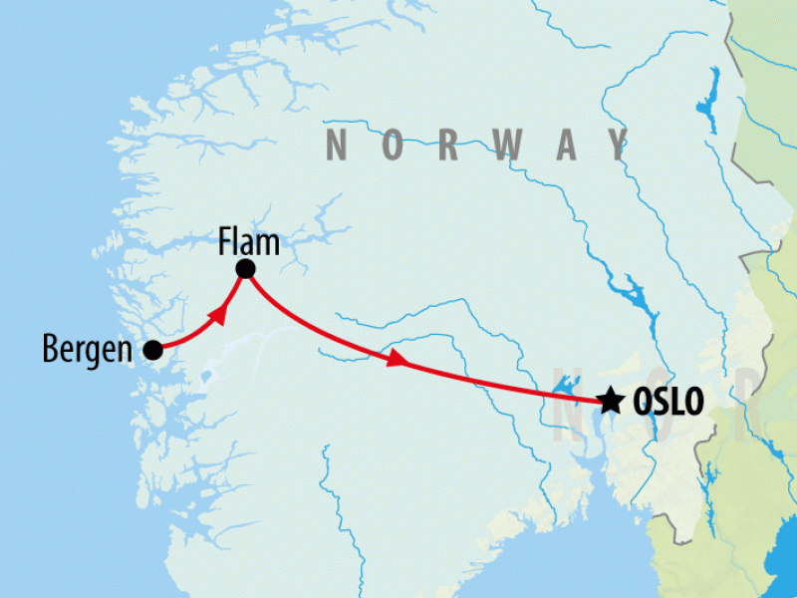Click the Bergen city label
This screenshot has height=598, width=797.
tap(87, 350)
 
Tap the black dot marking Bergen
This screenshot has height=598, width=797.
tap(152, 350)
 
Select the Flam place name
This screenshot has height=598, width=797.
tap(249, 243)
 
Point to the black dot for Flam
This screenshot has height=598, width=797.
tap(245, 269)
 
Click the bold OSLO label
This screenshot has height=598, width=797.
tap(667, 402)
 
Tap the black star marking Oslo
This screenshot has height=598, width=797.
tap(610, 401)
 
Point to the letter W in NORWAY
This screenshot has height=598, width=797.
tap(508, 147)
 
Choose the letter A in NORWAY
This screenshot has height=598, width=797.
tap(566, 147)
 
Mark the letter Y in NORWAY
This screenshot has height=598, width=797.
tap(619, 147)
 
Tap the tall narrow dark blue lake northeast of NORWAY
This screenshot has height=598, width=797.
tap(710, 96)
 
